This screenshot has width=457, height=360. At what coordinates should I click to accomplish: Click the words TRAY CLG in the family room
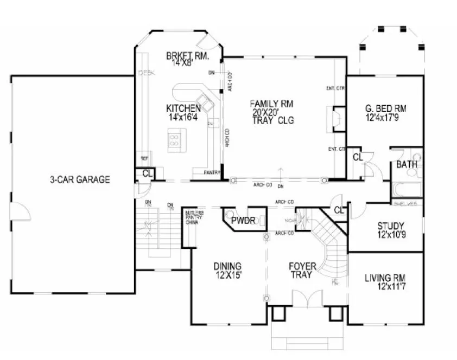272,121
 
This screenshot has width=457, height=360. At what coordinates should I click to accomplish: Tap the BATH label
406,164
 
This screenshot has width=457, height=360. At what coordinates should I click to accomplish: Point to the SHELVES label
405,204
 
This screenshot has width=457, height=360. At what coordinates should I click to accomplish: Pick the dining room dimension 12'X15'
227,275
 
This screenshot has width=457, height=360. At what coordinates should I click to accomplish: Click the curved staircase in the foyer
328,244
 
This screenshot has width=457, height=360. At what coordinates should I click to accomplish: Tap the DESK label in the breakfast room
146,73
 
